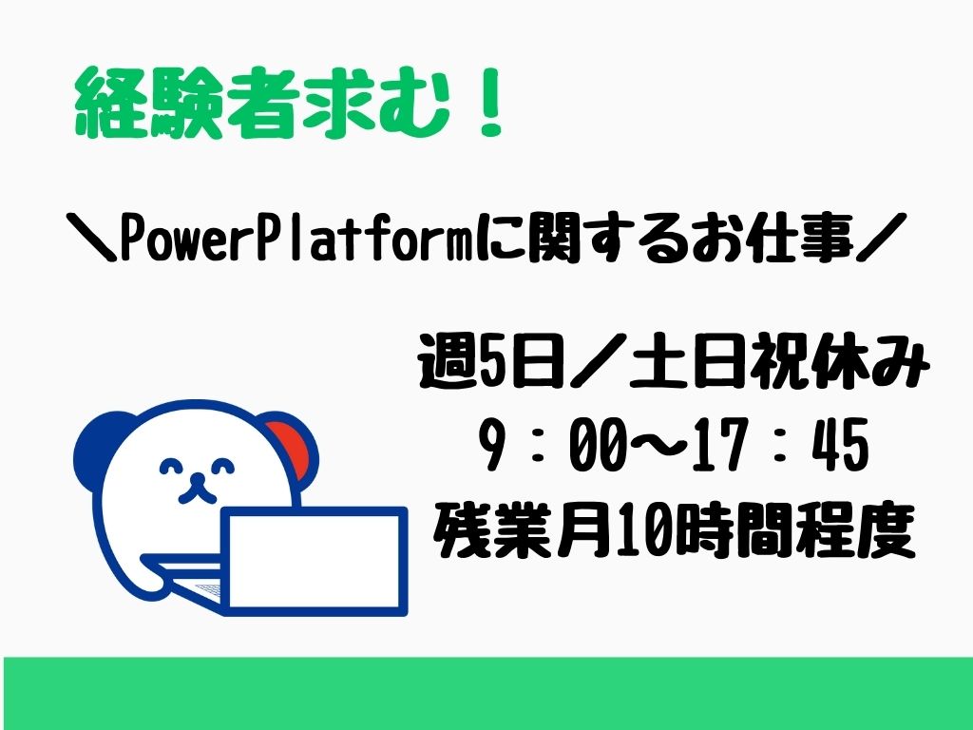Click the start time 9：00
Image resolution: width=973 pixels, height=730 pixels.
pyautogui.click(x=552, y=445)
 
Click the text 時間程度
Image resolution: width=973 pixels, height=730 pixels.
pyautogui.click(x=795, y=531)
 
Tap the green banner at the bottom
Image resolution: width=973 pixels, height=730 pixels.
pyautogui.click(x=486, y=693)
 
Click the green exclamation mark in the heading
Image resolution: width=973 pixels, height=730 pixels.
pyautogui.click(x=489, y=103)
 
